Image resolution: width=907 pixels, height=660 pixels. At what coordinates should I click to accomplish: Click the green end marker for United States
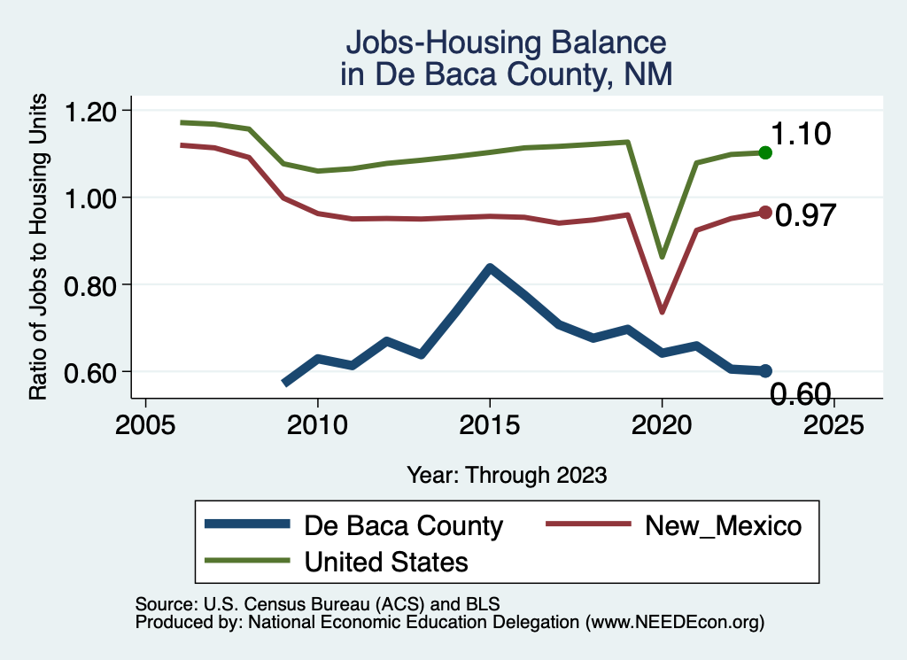tap(765, 152)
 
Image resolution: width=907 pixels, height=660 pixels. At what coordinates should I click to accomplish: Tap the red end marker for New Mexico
tap(765, 213)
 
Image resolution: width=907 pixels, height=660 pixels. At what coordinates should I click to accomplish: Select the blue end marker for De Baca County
tap(765, 370)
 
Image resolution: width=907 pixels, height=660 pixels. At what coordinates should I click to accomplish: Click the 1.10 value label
tap(800, 135)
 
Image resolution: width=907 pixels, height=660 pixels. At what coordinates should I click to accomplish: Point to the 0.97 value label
tap(806, 215)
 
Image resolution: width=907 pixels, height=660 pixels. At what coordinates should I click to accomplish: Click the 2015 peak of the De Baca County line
tap(490, 268)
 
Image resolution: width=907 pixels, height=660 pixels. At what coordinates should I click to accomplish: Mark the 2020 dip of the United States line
tap(662, 257)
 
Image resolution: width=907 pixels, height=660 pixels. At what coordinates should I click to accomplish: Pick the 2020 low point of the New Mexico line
tap(662, 311)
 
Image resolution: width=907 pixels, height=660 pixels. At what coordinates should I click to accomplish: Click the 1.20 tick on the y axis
tap(91, 111)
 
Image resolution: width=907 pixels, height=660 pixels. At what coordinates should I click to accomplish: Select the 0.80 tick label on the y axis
tap(91, 284)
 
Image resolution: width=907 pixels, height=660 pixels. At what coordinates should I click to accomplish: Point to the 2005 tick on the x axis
tap(145, 423)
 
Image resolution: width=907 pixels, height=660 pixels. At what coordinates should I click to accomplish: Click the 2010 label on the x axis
tap(317, 423)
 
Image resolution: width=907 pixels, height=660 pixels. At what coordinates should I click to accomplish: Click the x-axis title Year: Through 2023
tap(507, 475)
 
